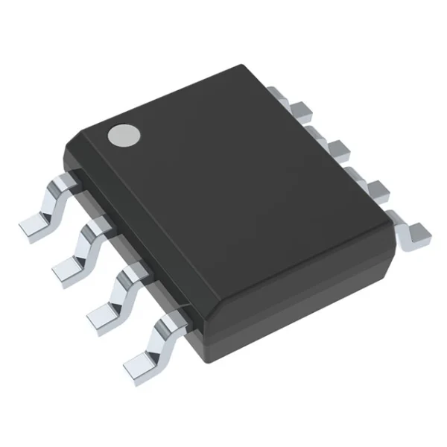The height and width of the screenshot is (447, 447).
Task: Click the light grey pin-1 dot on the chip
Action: [124, 134]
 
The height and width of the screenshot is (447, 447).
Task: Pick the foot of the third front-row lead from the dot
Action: [105, 312]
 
